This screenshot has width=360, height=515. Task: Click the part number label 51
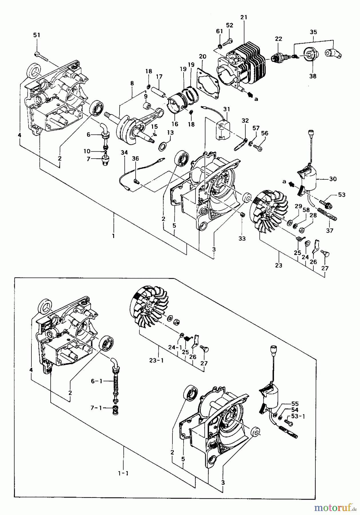point(37,35)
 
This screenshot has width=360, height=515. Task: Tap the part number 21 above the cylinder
point(244,17)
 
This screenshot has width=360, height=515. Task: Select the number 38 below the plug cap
point(313,76)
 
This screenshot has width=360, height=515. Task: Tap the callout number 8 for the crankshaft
point(132,83)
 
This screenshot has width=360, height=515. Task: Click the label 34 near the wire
point(124,152)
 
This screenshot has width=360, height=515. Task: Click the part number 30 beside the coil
point(333,179)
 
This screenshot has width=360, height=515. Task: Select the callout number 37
point(330,231)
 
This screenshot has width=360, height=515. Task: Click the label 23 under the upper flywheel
point(279,265)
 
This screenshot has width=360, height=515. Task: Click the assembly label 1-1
point(123,473)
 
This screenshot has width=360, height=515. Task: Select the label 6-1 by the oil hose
point(94,381)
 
